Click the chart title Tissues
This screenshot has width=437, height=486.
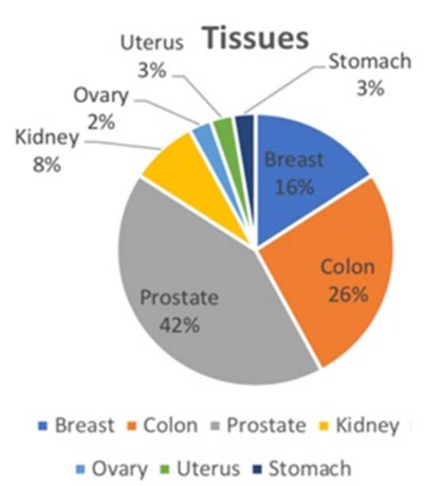[256, 38]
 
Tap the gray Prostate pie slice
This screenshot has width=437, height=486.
[198, 295]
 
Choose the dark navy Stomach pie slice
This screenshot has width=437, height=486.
[246, 133]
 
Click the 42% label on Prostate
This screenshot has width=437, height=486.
[179, 326]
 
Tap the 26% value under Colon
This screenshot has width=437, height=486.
[348, 294]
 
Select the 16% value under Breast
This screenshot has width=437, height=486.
[294, 187]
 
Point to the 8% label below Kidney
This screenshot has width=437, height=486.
[47, 164]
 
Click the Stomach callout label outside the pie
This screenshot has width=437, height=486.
[370, 61]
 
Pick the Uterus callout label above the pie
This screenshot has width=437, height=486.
[152, 42]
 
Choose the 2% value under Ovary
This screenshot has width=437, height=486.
[102, 122]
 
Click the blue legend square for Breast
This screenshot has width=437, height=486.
[43, 426]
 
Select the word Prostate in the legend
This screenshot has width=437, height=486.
[266, 426]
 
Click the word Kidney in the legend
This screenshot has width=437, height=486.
[367, 426]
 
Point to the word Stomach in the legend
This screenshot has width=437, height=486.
[310, 468]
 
